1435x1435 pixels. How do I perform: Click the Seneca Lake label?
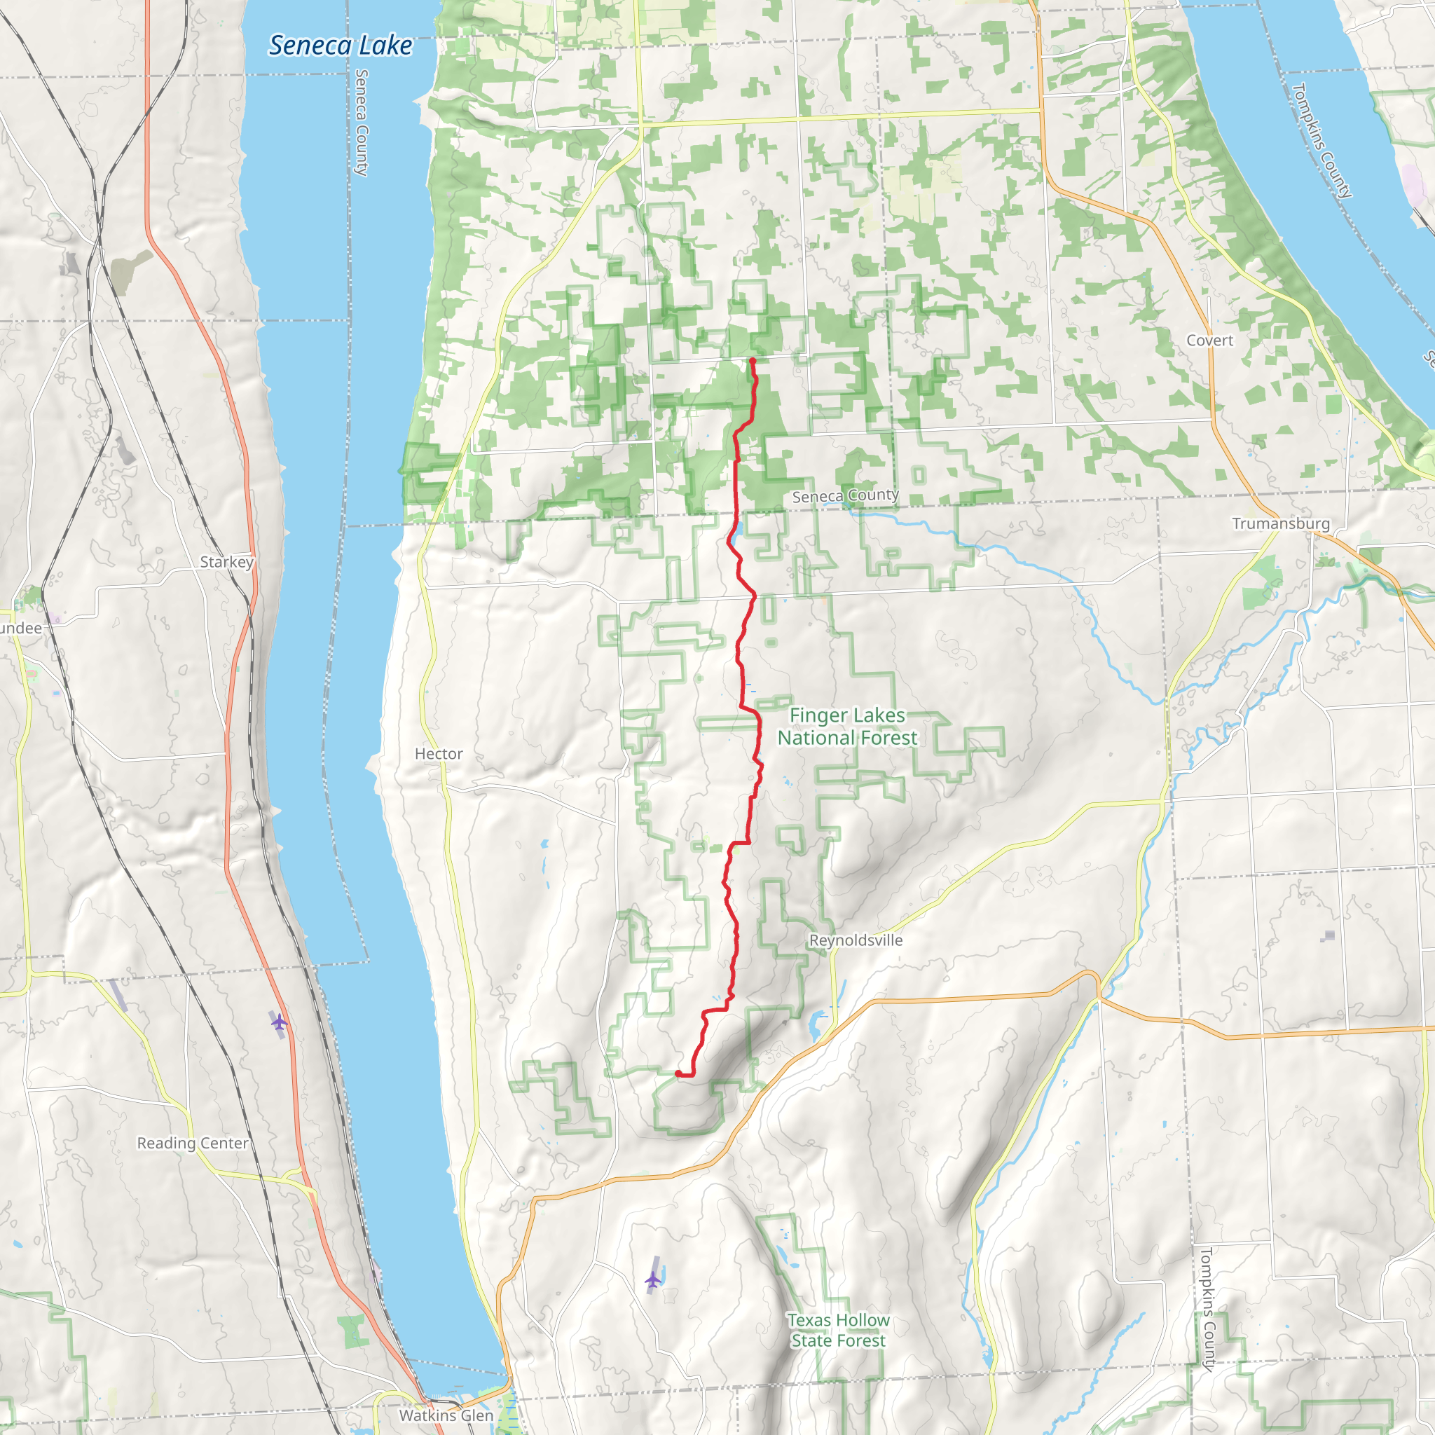340,46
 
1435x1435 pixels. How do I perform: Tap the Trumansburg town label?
1281,523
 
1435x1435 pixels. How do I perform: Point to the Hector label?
438,754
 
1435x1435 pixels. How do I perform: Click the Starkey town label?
226,562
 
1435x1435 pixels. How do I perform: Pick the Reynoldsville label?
856,940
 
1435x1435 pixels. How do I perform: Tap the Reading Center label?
193,1143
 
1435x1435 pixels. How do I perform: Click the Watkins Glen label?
446,1415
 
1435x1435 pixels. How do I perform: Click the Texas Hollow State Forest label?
838,1331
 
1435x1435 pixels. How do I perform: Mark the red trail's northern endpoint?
753,361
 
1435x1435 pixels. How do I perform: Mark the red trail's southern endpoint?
678,1073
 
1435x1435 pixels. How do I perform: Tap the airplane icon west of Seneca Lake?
279,1023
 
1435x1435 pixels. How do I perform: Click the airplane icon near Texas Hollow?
652,1279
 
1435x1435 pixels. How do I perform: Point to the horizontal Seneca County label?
844,496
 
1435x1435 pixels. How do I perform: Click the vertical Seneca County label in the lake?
361,123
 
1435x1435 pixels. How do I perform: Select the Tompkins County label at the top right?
1321,140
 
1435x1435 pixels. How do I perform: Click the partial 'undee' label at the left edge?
21,629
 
